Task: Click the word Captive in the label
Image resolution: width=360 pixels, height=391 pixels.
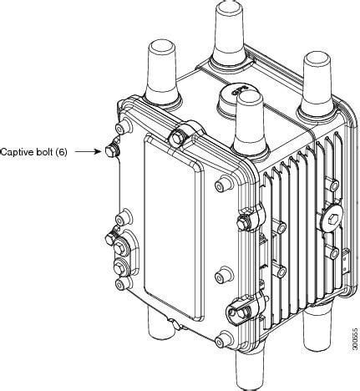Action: click(17, 152)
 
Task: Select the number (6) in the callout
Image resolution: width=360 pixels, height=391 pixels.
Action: click(60, 152)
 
